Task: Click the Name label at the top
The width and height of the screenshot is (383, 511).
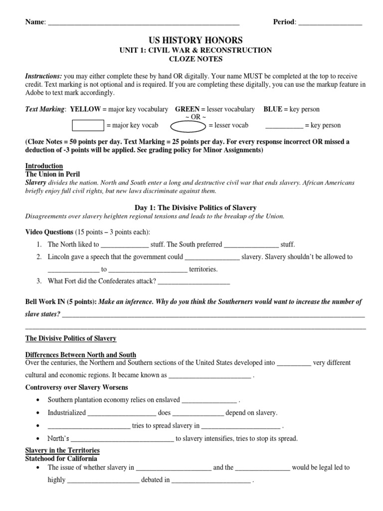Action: [34, 22]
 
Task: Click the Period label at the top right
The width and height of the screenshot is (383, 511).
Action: [284, 22]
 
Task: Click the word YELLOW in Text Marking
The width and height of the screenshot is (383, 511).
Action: [85, 109]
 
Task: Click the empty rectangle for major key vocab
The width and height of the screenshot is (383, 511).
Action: [88, 125]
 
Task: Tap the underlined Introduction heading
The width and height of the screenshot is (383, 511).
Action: [44, 166]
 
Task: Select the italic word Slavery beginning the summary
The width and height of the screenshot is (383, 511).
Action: [35, 183]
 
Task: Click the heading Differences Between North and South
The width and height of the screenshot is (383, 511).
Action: [80, 355]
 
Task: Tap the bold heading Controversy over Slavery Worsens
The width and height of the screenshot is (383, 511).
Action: [76, 387]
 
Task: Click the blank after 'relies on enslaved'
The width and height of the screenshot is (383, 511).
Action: [209, 400]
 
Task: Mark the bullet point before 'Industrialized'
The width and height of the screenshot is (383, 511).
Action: [38, 413]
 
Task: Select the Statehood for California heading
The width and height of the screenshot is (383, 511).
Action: [61, 458]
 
